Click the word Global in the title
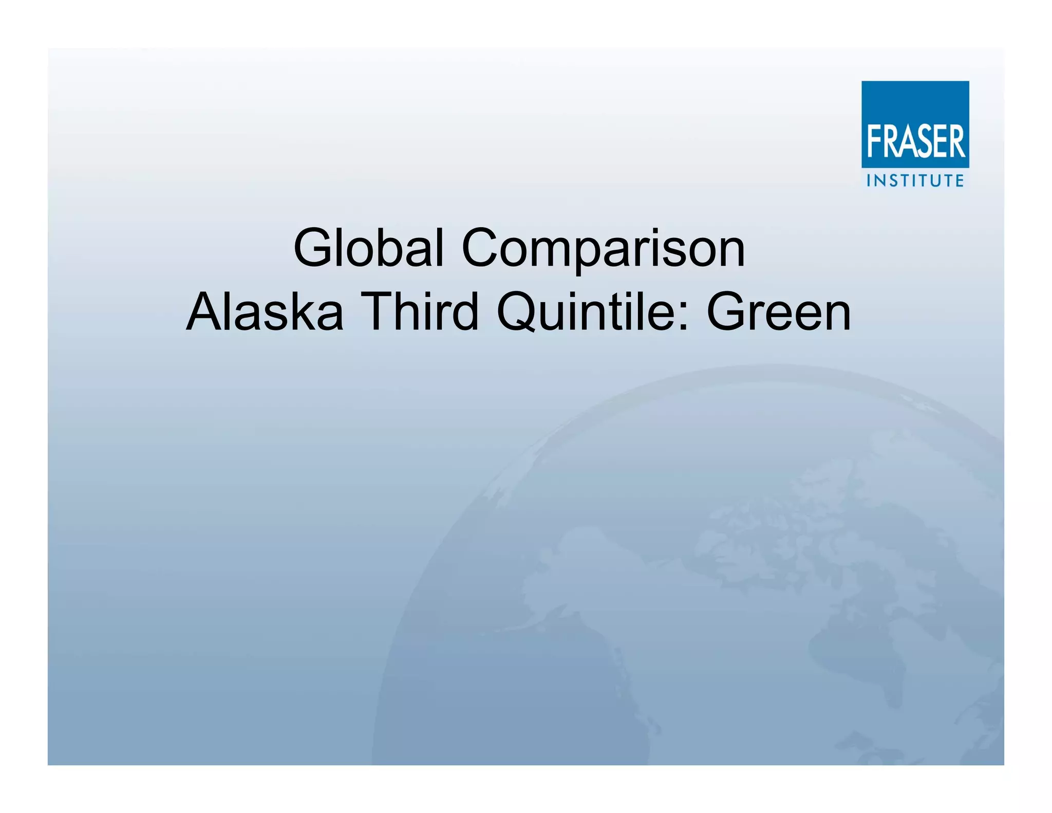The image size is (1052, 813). (368, 248)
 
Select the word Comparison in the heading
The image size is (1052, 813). (604, 249)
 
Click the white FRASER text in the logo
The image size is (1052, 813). (916, 141)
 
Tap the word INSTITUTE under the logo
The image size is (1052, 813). (915, 180)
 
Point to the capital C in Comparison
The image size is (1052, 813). (485, 249)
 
